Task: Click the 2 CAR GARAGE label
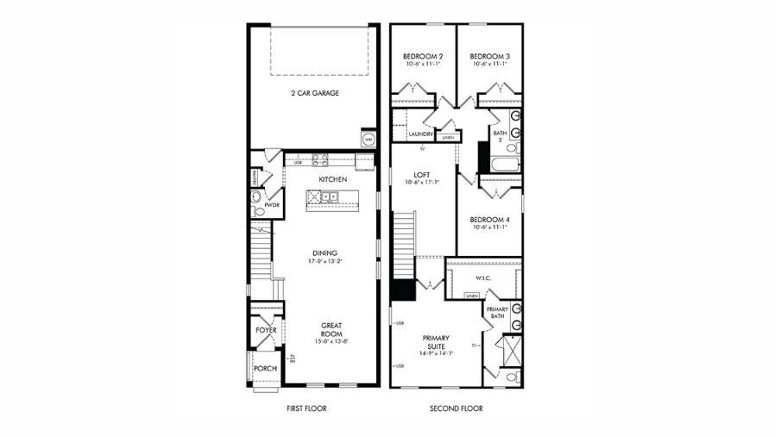pos(314,92)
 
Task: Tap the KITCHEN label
pos(332,179)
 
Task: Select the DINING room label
pos(324,252)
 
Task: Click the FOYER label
pos(265,330)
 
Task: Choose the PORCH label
pos(265,369)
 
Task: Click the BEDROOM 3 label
pos(489,56)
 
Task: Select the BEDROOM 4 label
pos(489,220)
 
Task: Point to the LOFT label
pos(421,175)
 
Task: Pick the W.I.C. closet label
pos(483,278)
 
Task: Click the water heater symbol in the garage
pos(368,139)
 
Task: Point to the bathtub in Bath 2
pos(505,165)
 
